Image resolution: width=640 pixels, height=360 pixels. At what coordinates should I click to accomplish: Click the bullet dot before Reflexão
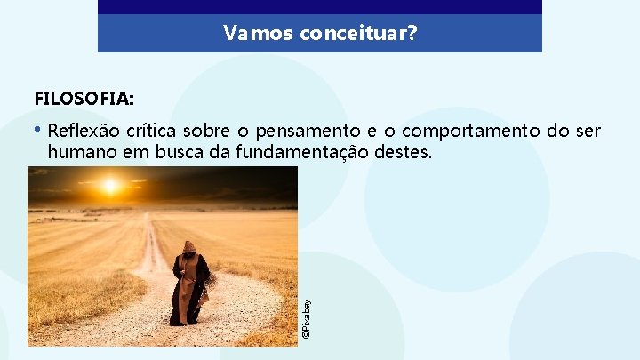[x=39, y=131]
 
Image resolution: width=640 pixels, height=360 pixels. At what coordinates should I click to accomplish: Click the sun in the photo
[x=110, y=186]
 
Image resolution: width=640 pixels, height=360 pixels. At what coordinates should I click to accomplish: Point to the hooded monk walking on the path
[x=188, y=284]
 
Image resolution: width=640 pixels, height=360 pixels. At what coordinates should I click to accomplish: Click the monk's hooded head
[x=188, y=248]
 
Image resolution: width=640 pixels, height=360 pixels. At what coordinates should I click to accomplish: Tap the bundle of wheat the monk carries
[x=209, y=286]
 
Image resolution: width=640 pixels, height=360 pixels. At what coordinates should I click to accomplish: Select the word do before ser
[x=556, y=132]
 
